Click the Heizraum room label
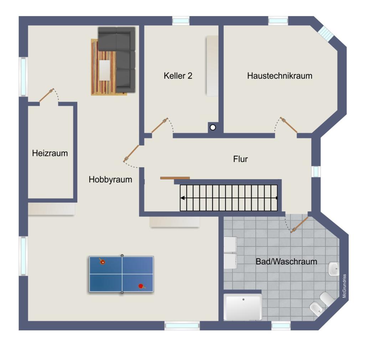[x=50, y=153]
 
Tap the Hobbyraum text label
[x=110, y=179]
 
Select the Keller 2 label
[x=178, y=76]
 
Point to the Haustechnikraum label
[x=279, y=76]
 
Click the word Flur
[x=240, y=159]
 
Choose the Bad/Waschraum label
[x=286, y=262]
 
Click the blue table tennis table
[x=121, y=274]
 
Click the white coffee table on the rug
[x=105, y=70]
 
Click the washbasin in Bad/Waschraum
[x=334, y=269]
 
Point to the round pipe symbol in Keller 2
[x=213, y=127]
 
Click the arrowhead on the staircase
[x=183, y=198]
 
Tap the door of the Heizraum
[x=47, y=95]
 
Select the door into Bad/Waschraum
[x=299, y=225]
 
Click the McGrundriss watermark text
[x=345, y=286]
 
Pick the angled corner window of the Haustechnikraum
[x=326, y=32]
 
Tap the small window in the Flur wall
[x=316, y=172]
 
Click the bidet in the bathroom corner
[x=316, y=309]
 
